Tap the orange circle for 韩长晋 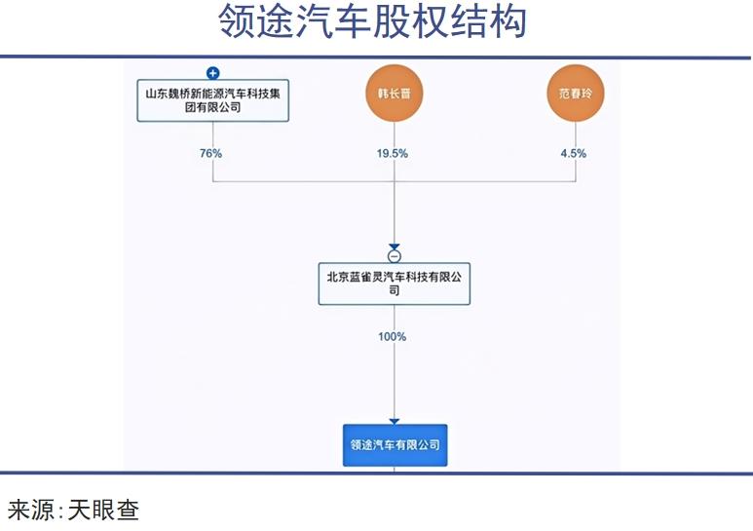pyautogui.click(x=394, y=93)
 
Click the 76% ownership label pyautogui.click(x=210, y=153)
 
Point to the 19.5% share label pyautogui.click(x=394, y=153)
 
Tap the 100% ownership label pyautogui.click(x=393, y=337)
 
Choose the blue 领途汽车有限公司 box pyautogui.click(x=395, y=444)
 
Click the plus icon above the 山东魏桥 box pyautogui.click(x=213, y=72)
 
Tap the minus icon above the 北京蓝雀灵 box pyautogui.click(x=394, y=256)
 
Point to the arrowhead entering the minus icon pyautogui.click(x=394, y=247)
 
